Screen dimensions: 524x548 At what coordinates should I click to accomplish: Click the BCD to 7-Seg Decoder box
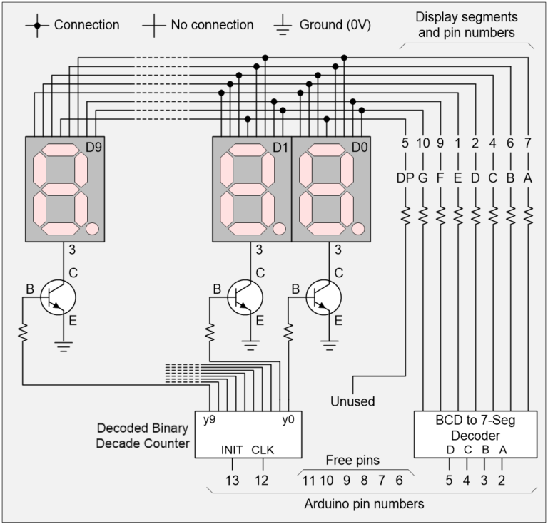click(475, 433)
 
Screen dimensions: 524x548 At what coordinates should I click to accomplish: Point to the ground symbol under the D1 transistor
click(250, 346)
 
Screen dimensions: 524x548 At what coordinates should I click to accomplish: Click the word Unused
click(352, 401)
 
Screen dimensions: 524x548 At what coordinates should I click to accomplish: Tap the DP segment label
click(405, 178)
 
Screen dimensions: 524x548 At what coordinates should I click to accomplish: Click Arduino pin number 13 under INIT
click(233, 481)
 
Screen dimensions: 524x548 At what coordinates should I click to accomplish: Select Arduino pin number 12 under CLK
click(262, 481)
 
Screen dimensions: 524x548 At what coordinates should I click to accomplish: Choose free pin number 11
click(308, 481)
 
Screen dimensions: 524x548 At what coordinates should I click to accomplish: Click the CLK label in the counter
click(262, 450)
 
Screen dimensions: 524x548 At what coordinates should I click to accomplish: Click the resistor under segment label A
click(528, 214)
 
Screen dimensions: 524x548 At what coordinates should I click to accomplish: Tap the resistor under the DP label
click(405, 214)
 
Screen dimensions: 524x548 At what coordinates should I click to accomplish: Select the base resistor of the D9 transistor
click(23, 332)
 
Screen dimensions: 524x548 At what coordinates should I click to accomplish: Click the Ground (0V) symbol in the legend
click(283, 26)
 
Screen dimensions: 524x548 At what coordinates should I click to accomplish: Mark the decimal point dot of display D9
click(91, 228)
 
